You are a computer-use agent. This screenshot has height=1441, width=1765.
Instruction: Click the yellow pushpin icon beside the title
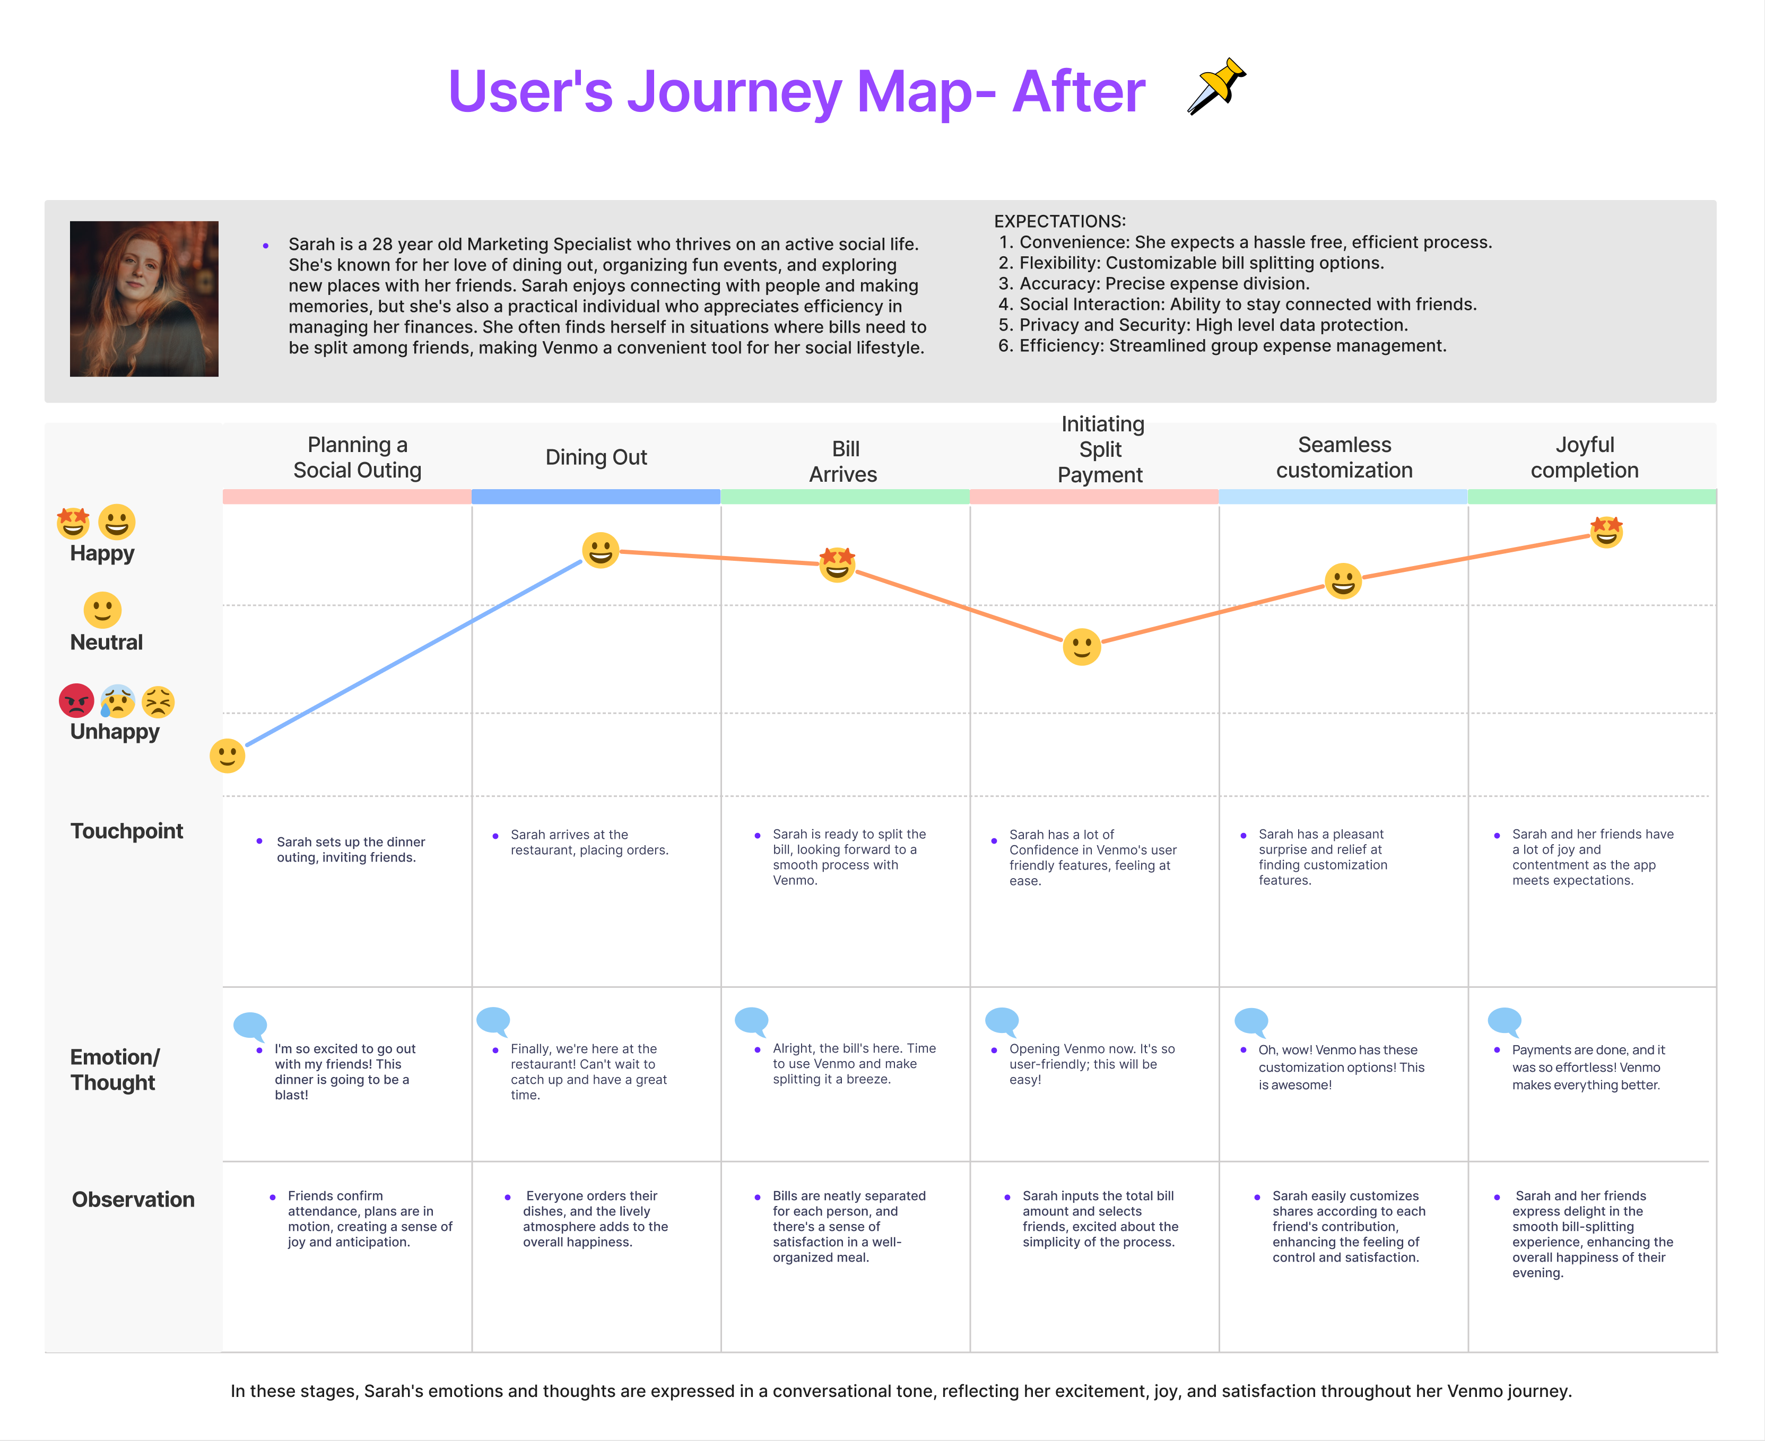pyautogui.click(x=1216, y=86)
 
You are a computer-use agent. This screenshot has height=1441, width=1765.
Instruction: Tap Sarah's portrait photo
pyautogui.click(x=144, y=299)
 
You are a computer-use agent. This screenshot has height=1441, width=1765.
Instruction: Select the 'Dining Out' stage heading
pyautogui.click(x=596, y=457)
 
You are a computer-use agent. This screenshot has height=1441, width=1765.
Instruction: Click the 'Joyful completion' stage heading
pyautogui.click(x=1584, y=457)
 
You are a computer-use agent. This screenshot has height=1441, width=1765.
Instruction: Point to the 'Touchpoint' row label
pyautogui.click(x=127, y=831)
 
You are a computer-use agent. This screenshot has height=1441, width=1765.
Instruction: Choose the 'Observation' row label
pyautogui.click(x=133, y=1200)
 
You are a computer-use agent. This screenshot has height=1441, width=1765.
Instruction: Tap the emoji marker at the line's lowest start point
pyautogui.click(x=228, y=756)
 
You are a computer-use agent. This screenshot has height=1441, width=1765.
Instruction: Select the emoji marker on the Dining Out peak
pyautogui.click(x=601, y=550)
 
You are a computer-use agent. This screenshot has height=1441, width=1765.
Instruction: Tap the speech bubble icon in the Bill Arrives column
pyautogui.click(x=752, y=1021)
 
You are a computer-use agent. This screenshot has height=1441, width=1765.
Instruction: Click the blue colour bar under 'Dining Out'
pyautogui.click(x=596, y=497)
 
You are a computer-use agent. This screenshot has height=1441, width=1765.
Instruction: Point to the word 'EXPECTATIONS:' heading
pyautogui.click(x=1059, y=222)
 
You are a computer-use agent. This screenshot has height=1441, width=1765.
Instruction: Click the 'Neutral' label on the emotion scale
pyautogui.click(x=106, y=643)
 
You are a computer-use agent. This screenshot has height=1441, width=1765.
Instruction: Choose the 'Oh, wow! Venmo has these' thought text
pyautogui.click(x=1337, y=1050)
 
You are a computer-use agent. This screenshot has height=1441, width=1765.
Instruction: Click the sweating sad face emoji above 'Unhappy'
pyautogui.click(x=118, y=701)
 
